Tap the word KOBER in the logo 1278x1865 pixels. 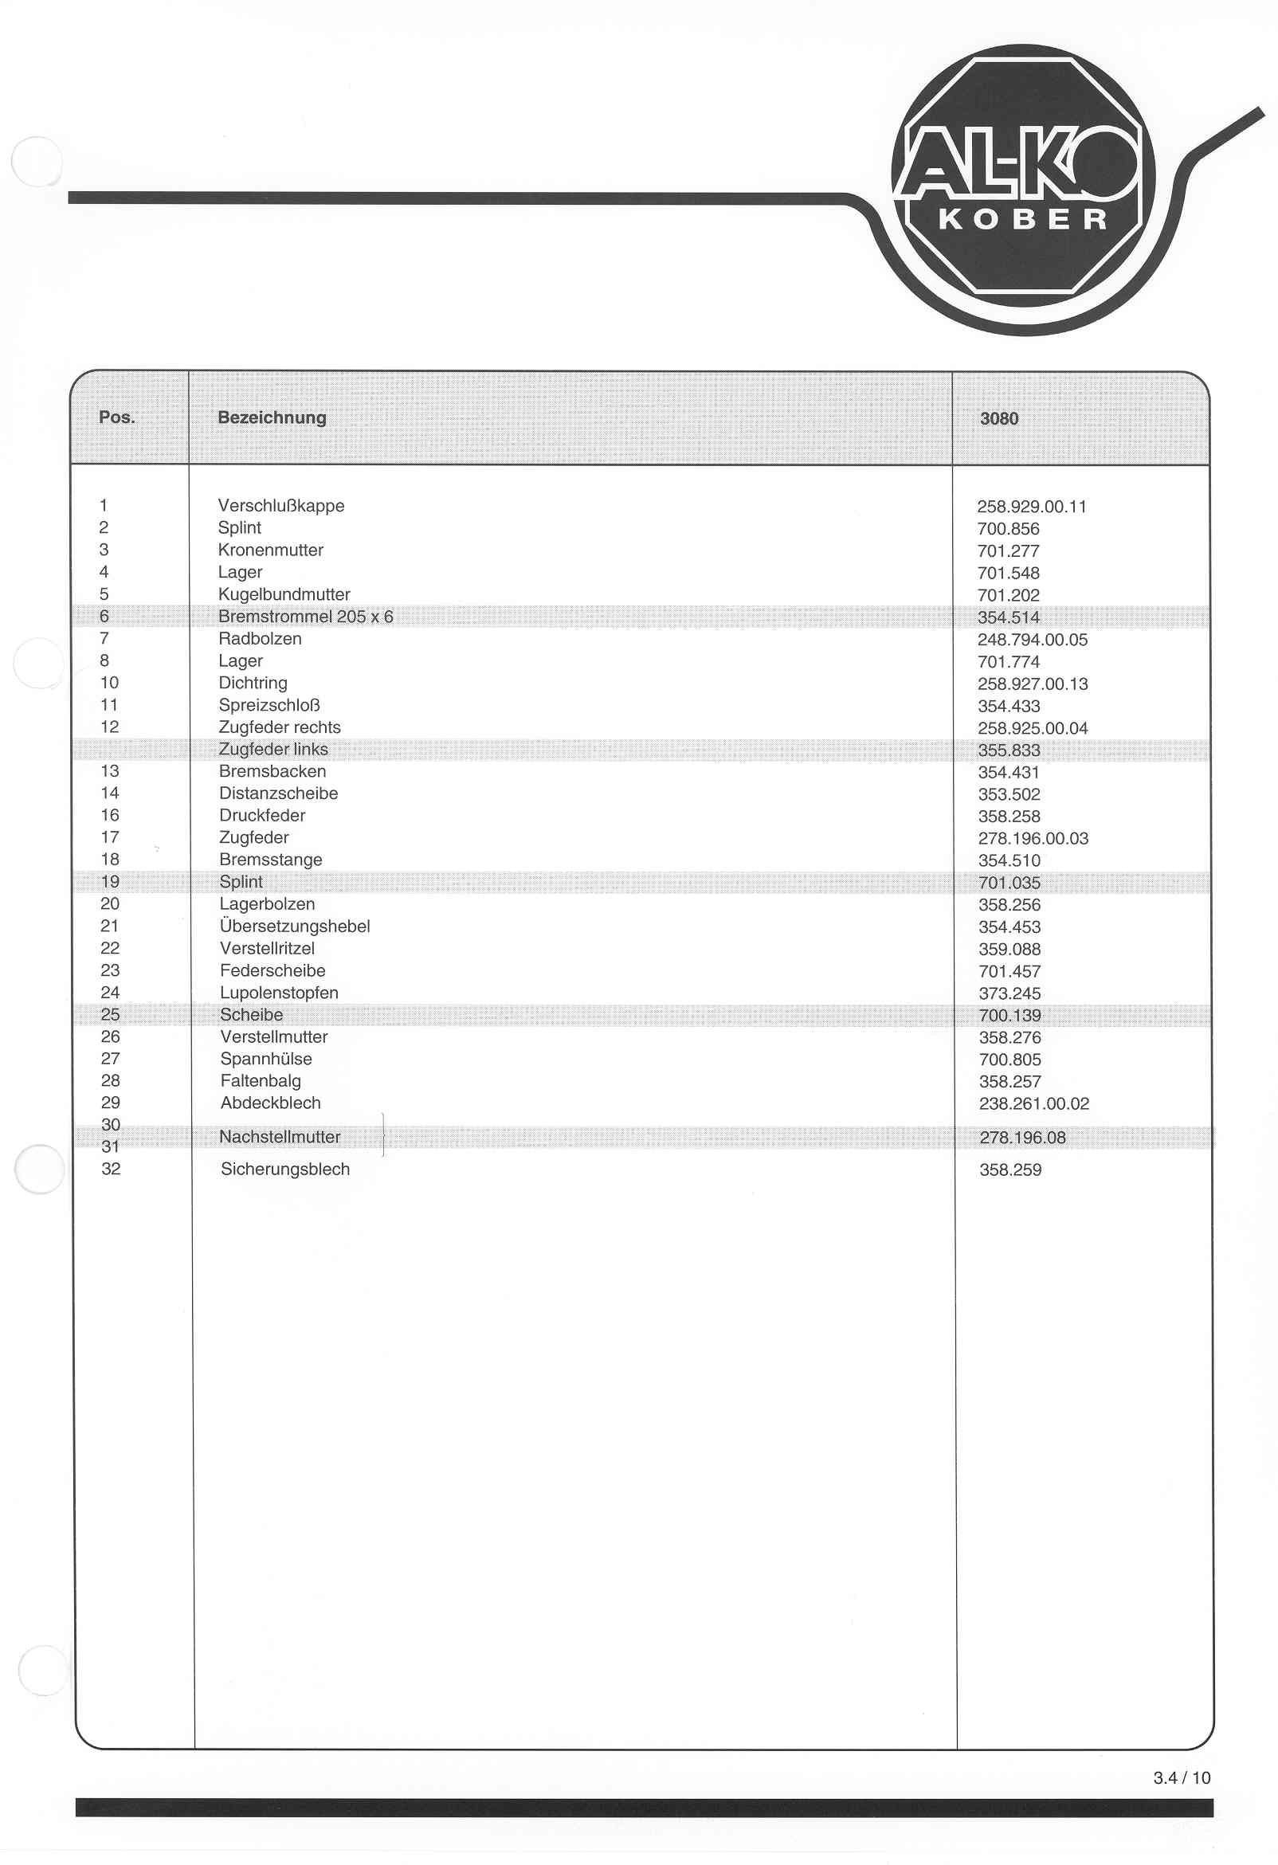pos(1023,220)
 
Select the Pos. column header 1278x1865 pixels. pos(116,417)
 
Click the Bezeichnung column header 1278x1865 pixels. pos(272,417)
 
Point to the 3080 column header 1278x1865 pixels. pos(998,418)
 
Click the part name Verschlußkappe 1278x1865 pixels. pos(281,506)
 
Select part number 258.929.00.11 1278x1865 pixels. pos(1032,507)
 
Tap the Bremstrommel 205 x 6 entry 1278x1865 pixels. pos(306,617)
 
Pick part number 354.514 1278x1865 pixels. pos(1008,617)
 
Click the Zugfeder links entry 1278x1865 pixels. pos(274,749)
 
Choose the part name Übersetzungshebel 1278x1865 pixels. pos(295,926)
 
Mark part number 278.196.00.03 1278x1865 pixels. pos(1033,839)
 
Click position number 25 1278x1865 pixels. pos(110,1014)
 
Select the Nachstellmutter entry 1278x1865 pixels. pos(280,1136)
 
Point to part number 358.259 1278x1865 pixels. pos(1009,1170)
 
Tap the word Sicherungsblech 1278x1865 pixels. pos(285,1170)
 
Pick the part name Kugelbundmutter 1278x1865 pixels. pos(284,594)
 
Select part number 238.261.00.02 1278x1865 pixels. pos(1034,1103)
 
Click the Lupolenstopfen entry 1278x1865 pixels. pos(280,993)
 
